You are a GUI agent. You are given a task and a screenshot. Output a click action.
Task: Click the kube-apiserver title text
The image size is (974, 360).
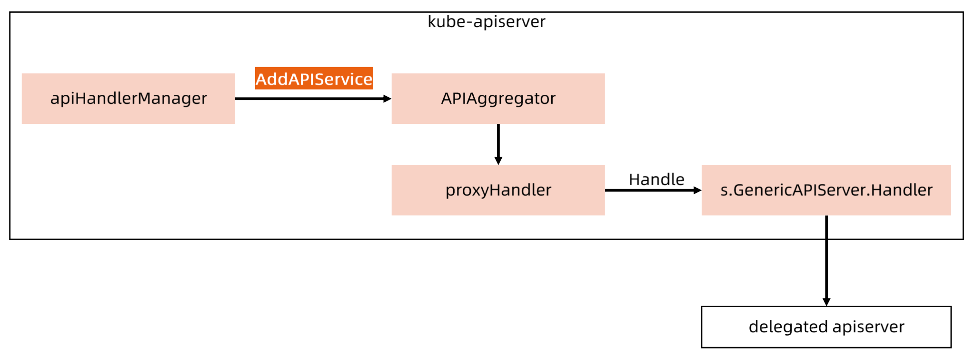[x=486, y=22]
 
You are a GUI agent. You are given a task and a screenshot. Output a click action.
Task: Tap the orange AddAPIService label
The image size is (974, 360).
[x=314, y=79]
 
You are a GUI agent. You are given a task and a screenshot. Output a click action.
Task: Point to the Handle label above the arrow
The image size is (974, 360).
[x=656, y=180]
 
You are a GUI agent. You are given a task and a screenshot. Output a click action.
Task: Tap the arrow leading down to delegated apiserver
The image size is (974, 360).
[x=826, y=262]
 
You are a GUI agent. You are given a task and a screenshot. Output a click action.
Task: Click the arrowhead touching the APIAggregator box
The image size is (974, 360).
[x=388, y=99]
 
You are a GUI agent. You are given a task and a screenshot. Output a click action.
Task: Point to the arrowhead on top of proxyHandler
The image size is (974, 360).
[x=498, y=161]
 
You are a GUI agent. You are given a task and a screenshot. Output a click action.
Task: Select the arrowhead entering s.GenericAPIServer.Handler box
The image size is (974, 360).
[x=697, y=190]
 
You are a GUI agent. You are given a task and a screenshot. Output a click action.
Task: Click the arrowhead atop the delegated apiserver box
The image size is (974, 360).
[x=826, y=302]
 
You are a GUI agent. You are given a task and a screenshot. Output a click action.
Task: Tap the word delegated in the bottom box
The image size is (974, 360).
[x=788, y=327]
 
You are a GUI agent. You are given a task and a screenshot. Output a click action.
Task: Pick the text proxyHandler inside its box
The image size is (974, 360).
[x=498, y=190]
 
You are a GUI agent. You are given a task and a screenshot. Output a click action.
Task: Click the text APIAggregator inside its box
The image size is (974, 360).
[x=498, y=99]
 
